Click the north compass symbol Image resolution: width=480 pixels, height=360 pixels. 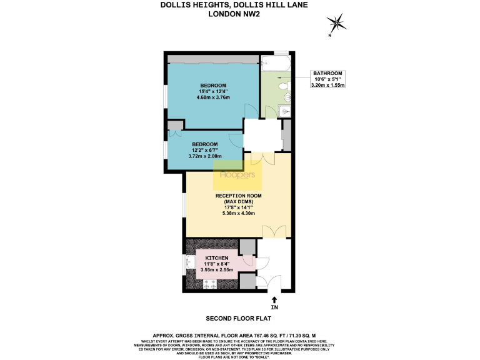point(338,24)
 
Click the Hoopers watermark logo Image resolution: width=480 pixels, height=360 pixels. point(237,176)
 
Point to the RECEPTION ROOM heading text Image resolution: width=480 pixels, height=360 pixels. point(238,196)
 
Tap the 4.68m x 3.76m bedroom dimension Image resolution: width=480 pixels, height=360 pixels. point(213,97)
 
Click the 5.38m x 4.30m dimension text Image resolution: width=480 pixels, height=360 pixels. point(238,214)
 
